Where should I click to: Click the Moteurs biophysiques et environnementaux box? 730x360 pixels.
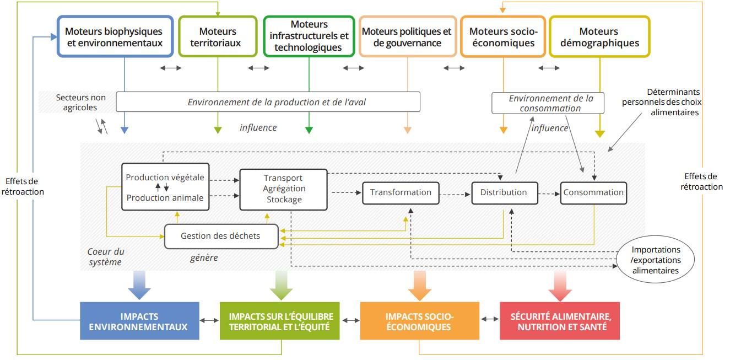pos(114,36)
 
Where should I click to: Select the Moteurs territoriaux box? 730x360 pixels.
pos(218,36)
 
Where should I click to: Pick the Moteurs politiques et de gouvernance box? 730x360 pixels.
pos(407,36)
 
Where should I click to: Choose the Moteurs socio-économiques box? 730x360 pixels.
pos(503,36)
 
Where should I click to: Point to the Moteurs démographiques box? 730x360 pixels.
pos(599,36)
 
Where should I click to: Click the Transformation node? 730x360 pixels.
pos(401,192)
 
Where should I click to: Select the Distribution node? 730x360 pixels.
pos(504,192)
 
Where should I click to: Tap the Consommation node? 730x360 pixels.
pos(593,192)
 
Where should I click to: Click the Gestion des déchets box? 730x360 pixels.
pos(220,236)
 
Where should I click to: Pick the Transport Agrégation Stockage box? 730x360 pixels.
pos(283,189)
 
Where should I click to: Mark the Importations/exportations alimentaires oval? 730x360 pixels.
pos(656,260)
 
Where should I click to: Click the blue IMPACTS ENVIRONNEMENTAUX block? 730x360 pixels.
pos(139,321)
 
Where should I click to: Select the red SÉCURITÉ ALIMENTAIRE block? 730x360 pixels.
pos(560,321)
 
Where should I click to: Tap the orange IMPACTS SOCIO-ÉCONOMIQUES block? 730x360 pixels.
pos(419,321)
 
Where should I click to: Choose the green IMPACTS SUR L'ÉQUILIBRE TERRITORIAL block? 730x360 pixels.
pos(279,321)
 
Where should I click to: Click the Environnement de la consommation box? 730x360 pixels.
pos(548,103)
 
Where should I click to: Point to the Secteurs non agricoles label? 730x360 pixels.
pos(80,103)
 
